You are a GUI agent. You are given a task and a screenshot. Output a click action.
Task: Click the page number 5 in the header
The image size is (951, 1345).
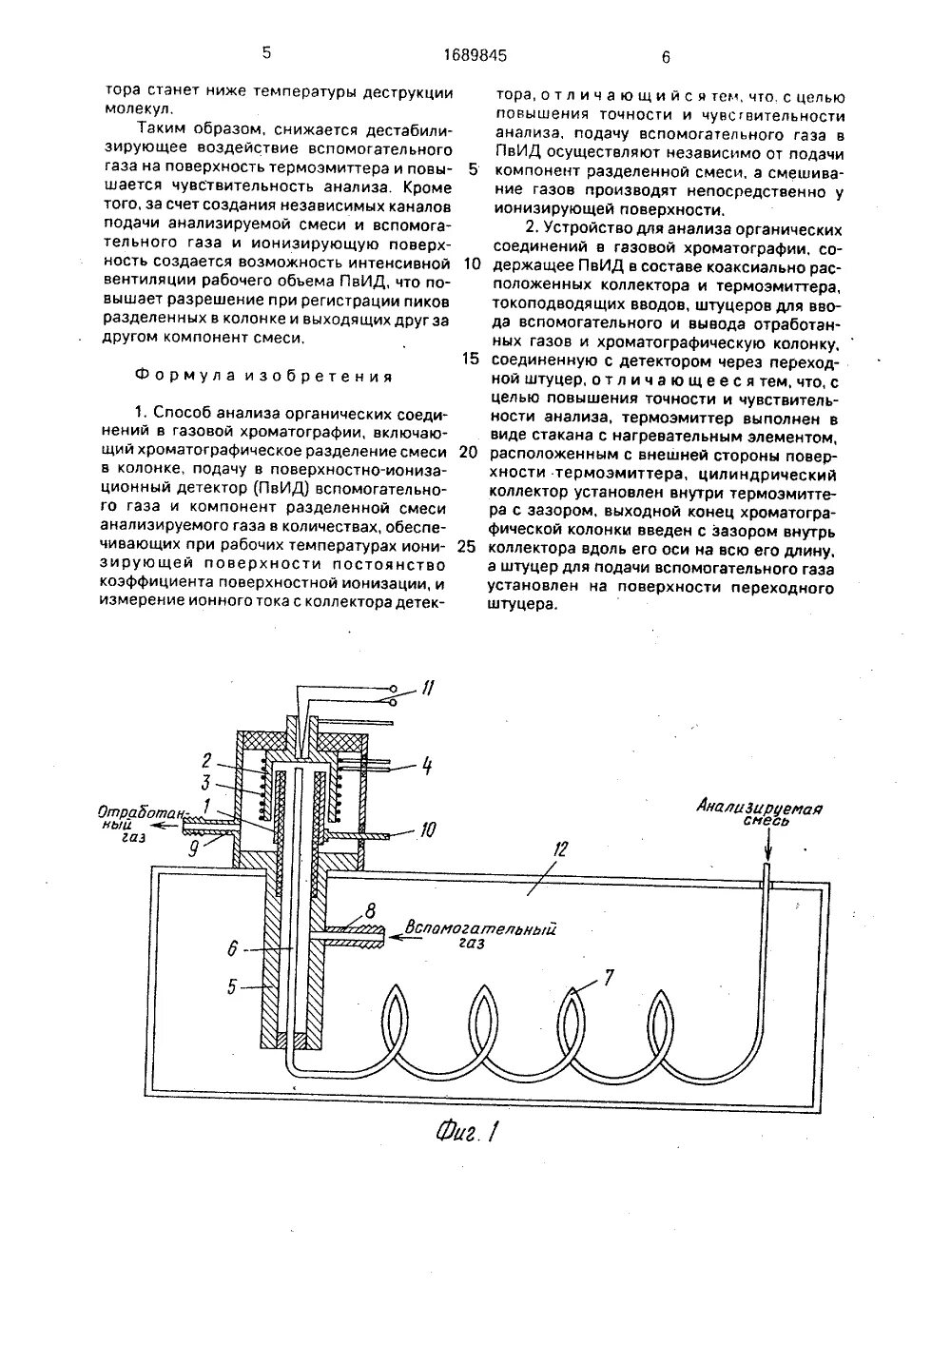[x=265, y=53]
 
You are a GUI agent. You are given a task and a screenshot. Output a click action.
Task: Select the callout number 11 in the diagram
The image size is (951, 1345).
[x=429, y=688]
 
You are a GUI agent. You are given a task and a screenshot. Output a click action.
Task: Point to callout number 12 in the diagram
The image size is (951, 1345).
[x=561, y=849]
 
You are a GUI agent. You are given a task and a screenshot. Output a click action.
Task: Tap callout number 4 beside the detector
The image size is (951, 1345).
[x=427, y=831]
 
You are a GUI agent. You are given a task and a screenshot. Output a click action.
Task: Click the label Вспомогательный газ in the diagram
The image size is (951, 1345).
[x=480, y=934]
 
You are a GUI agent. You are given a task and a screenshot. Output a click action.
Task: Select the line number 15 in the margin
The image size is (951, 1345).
[x=468, y=360]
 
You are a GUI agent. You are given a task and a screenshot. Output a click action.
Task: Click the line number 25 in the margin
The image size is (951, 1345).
[x=467, y=547]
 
